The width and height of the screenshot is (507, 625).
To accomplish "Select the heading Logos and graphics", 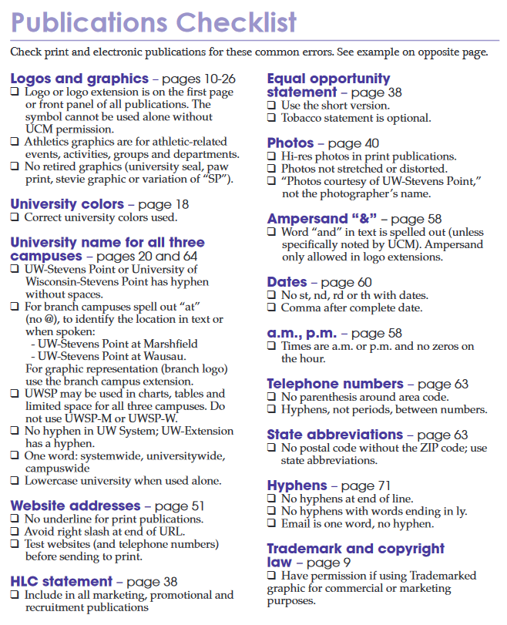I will tap(79, 79).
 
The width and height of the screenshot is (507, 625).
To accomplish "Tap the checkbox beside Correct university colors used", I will tap(15, 218).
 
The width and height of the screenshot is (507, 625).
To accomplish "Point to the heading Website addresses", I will tap(75, 506).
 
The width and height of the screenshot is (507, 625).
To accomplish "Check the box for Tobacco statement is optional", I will tap(271, 119).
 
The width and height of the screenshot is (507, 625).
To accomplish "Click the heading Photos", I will tap(290, 143).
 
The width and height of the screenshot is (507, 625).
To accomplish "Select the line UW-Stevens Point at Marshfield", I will tap(114, 344).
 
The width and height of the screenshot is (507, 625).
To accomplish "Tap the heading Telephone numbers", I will tap(335, 384).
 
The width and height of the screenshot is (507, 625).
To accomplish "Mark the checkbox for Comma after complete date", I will tap(271, 308).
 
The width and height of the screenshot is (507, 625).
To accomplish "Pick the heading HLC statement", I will tap(61, 582).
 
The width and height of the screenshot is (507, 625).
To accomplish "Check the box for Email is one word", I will tap(271, 524).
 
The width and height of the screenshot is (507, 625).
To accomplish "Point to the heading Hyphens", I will tap(297, 486).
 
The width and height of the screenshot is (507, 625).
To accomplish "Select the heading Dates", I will tap(287, 283).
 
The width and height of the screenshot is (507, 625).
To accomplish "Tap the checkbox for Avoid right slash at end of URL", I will tap(15, 533).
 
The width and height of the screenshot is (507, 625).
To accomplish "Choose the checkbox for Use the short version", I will tap(271, 106).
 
